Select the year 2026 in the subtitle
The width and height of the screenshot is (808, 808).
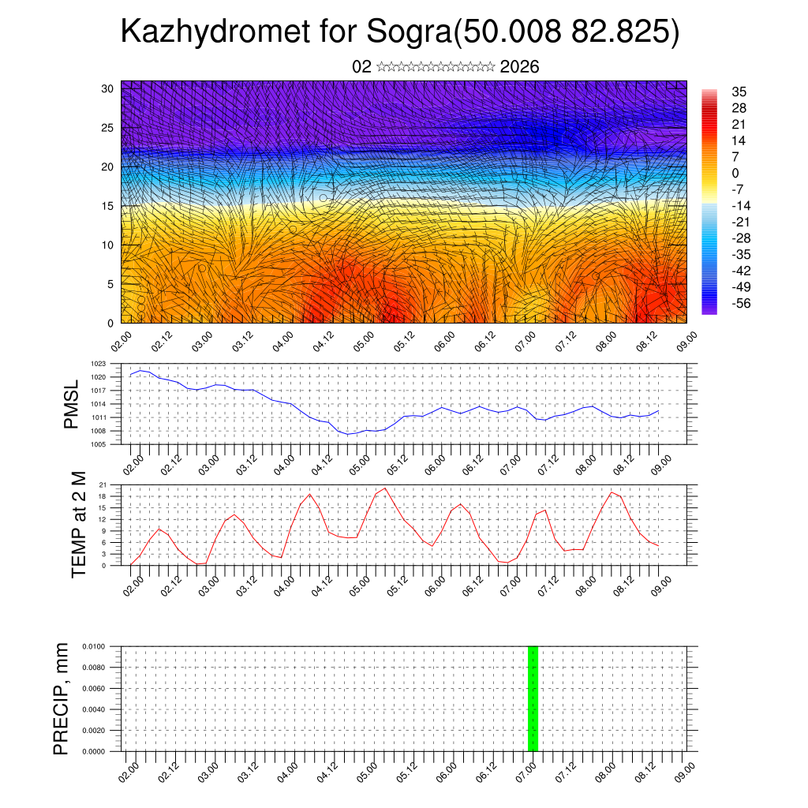(x=519, y=67)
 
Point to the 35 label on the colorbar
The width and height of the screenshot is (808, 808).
(x=739, y=92)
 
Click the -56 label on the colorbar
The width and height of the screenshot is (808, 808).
(x=739, y=303)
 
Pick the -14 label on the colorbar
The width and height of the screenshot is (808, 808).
(x=739, y=205)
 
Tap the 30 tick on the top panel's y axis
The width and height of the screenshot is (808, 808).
(x=108, y=88)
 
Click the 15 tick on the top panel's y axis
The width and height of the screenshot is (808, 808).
(x=108, y=206)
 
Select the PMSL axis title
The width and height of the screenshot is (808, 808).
(x=72, y=405)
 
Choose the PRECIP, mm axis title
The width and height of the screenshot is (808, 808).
(x=62, y=698)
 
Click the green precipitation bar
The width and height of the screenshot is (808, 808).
(x=533, y=698)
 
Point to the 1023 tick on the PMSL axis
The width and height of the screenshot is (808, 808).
(x=99, y=364)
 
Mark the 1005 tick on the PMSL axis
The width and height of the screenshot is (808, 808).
(x=99, y=444)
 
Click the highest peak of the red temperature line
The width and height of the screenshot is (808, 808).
(x=384, y=488)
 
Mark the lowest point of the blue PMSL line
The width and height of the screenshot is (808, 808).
(x=347, y=434)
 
